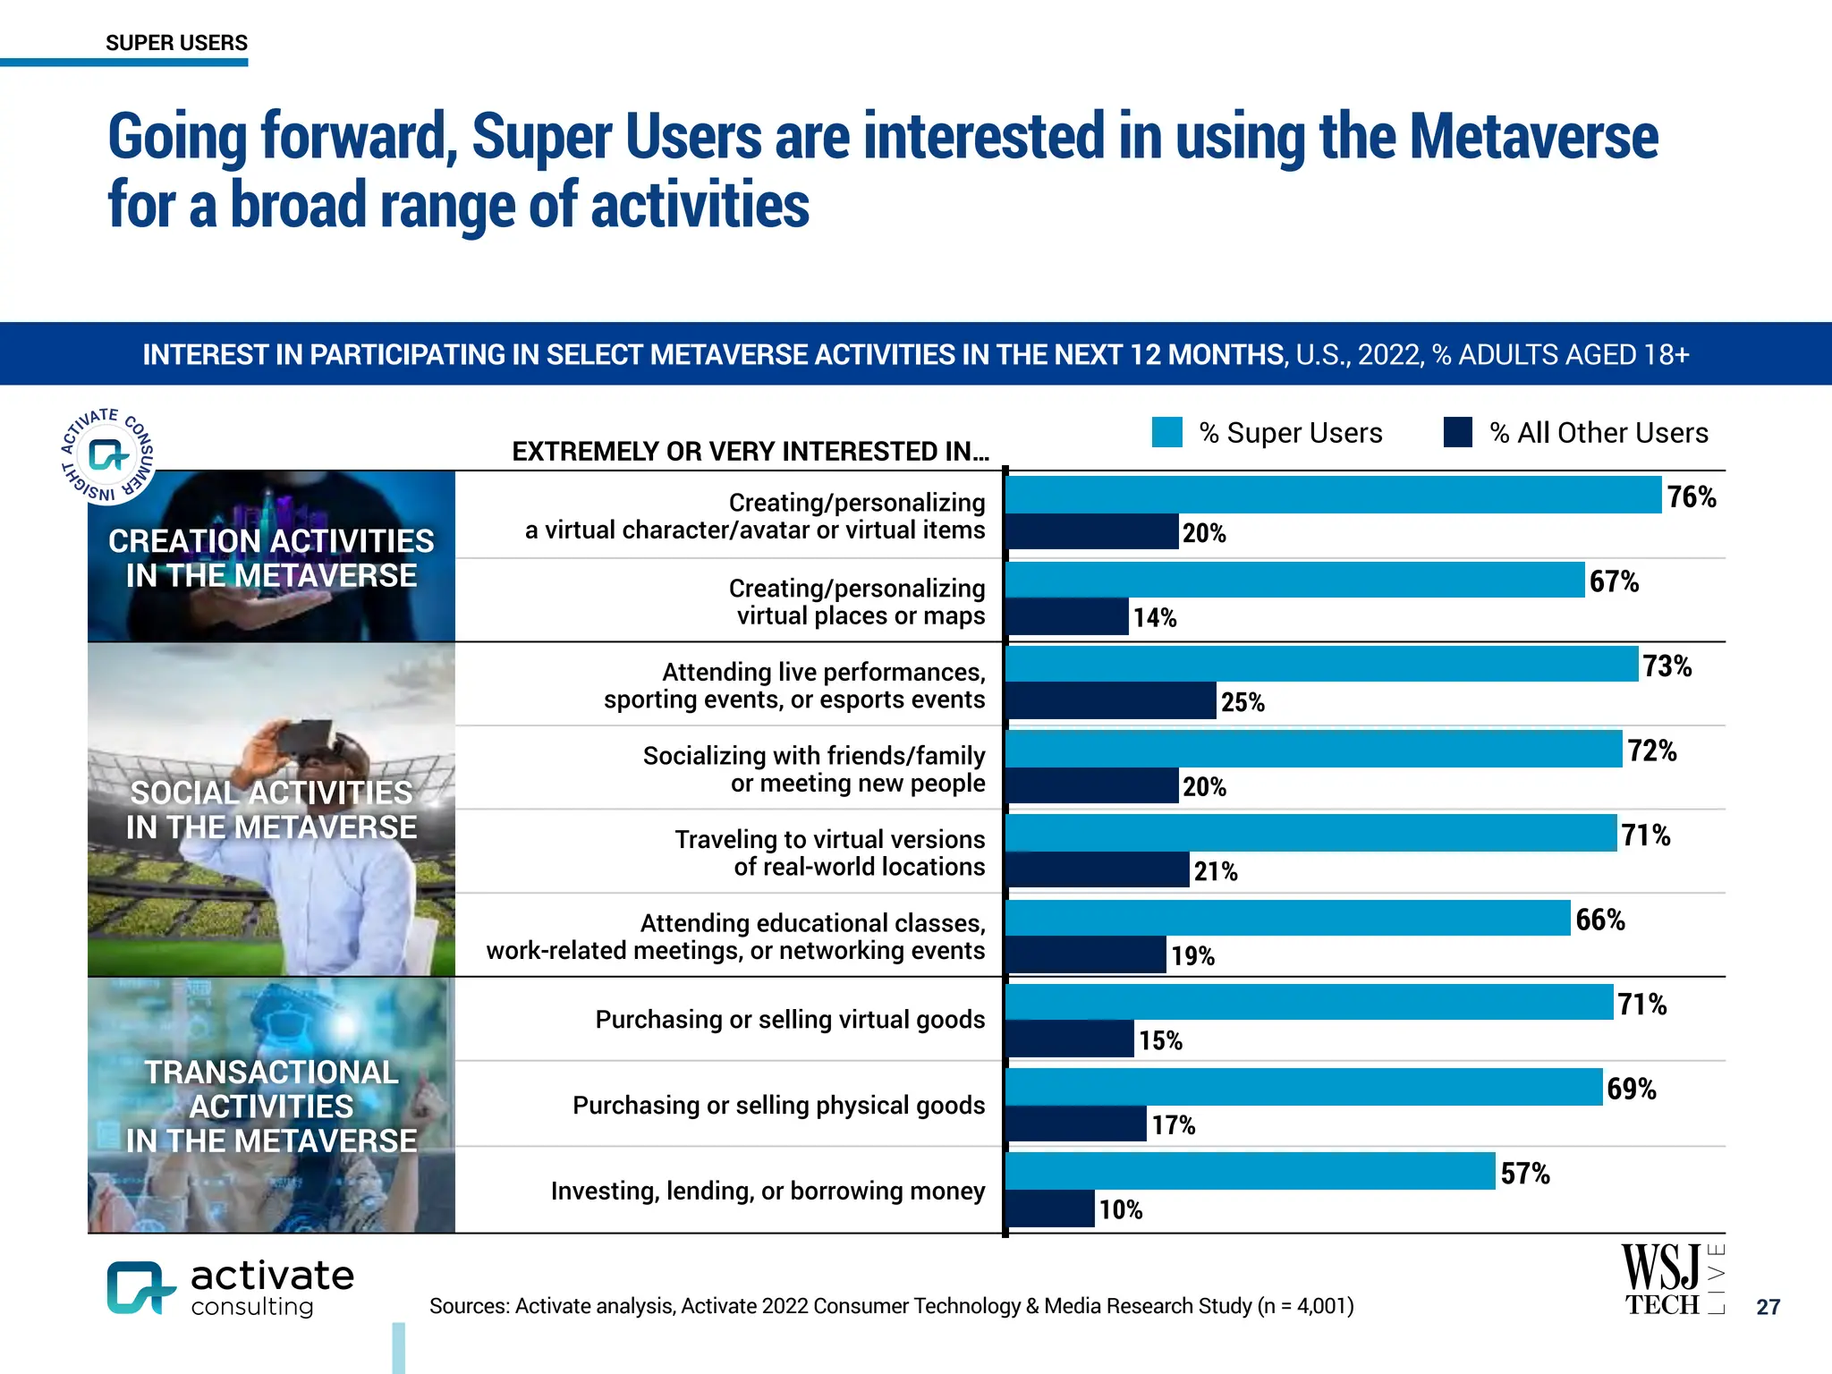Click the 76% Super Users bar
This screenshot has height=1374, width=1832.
click(1333, 495)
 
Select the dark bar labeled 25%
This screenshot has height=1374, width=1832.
click(1112, 701)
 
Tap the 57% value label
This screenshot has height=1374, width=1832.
click(1524, 1174)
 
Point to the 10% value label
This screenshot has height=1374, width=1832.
click(1120, 1210)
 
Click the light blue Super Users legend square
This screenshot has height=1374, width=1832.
click(1166, 432)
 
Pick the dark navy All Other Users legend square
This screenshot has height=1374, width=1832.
click(1457, 432)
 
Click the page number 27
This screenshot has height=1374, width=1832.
click(1768, 1307)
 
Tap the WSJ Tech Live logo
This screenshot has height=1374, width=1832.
click(1671, 1280)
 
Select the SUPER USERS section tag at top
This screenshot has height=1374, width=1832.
click(176, 43)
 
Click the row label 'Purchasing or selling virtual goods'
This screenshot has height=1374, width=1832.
click(790, 1020)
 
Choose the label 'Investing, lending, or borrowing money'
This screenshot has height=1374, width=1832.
click(768, 1192)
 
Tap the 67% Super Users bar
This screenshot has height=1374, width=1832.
click(1294, 580)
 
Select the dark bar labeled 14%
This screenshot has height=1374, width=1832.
click(1068, 617)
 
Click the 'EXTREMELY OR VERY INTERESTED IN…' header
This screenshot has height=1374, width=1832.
click(750, 452)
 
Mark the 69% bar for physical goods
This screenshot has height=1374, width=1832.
click(1303, 1087)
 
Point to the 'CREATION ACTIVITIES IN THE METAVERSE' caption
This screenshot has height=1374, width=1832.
click(271, 558)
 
